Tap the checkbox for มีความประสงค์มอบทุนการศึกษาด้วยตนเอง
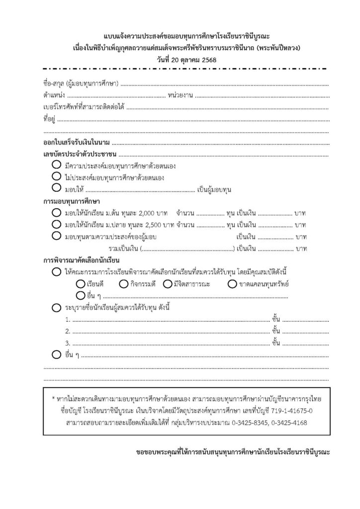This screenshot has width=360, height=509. [x=55, y=165]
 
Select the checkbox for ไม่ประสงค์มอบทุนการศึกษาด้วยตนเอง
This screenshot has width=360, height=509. [x=55, y=177]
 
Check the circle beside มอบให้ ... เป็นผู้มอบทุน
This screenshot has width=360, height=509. [x=55, y=189]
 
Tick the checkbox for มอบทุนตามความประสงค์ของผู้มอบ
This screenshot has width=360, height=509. [x=55, y=237]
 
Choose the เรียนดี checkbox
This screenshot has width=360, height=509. [x=81, y=284]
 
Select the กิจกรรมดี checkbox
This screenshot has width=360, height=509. [x=124, y=284]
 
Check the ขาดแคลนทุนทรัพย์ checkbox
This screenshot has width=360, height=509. [x=232, y=284]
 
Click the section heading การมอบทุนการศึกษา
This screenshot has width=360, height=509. [x=72, y=202]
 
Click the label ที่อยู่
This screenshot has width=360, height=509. [x=49, y=119]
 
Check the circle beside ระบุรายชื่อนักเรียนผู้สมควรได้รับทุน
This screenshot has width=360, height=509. [x=55, y=308]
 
